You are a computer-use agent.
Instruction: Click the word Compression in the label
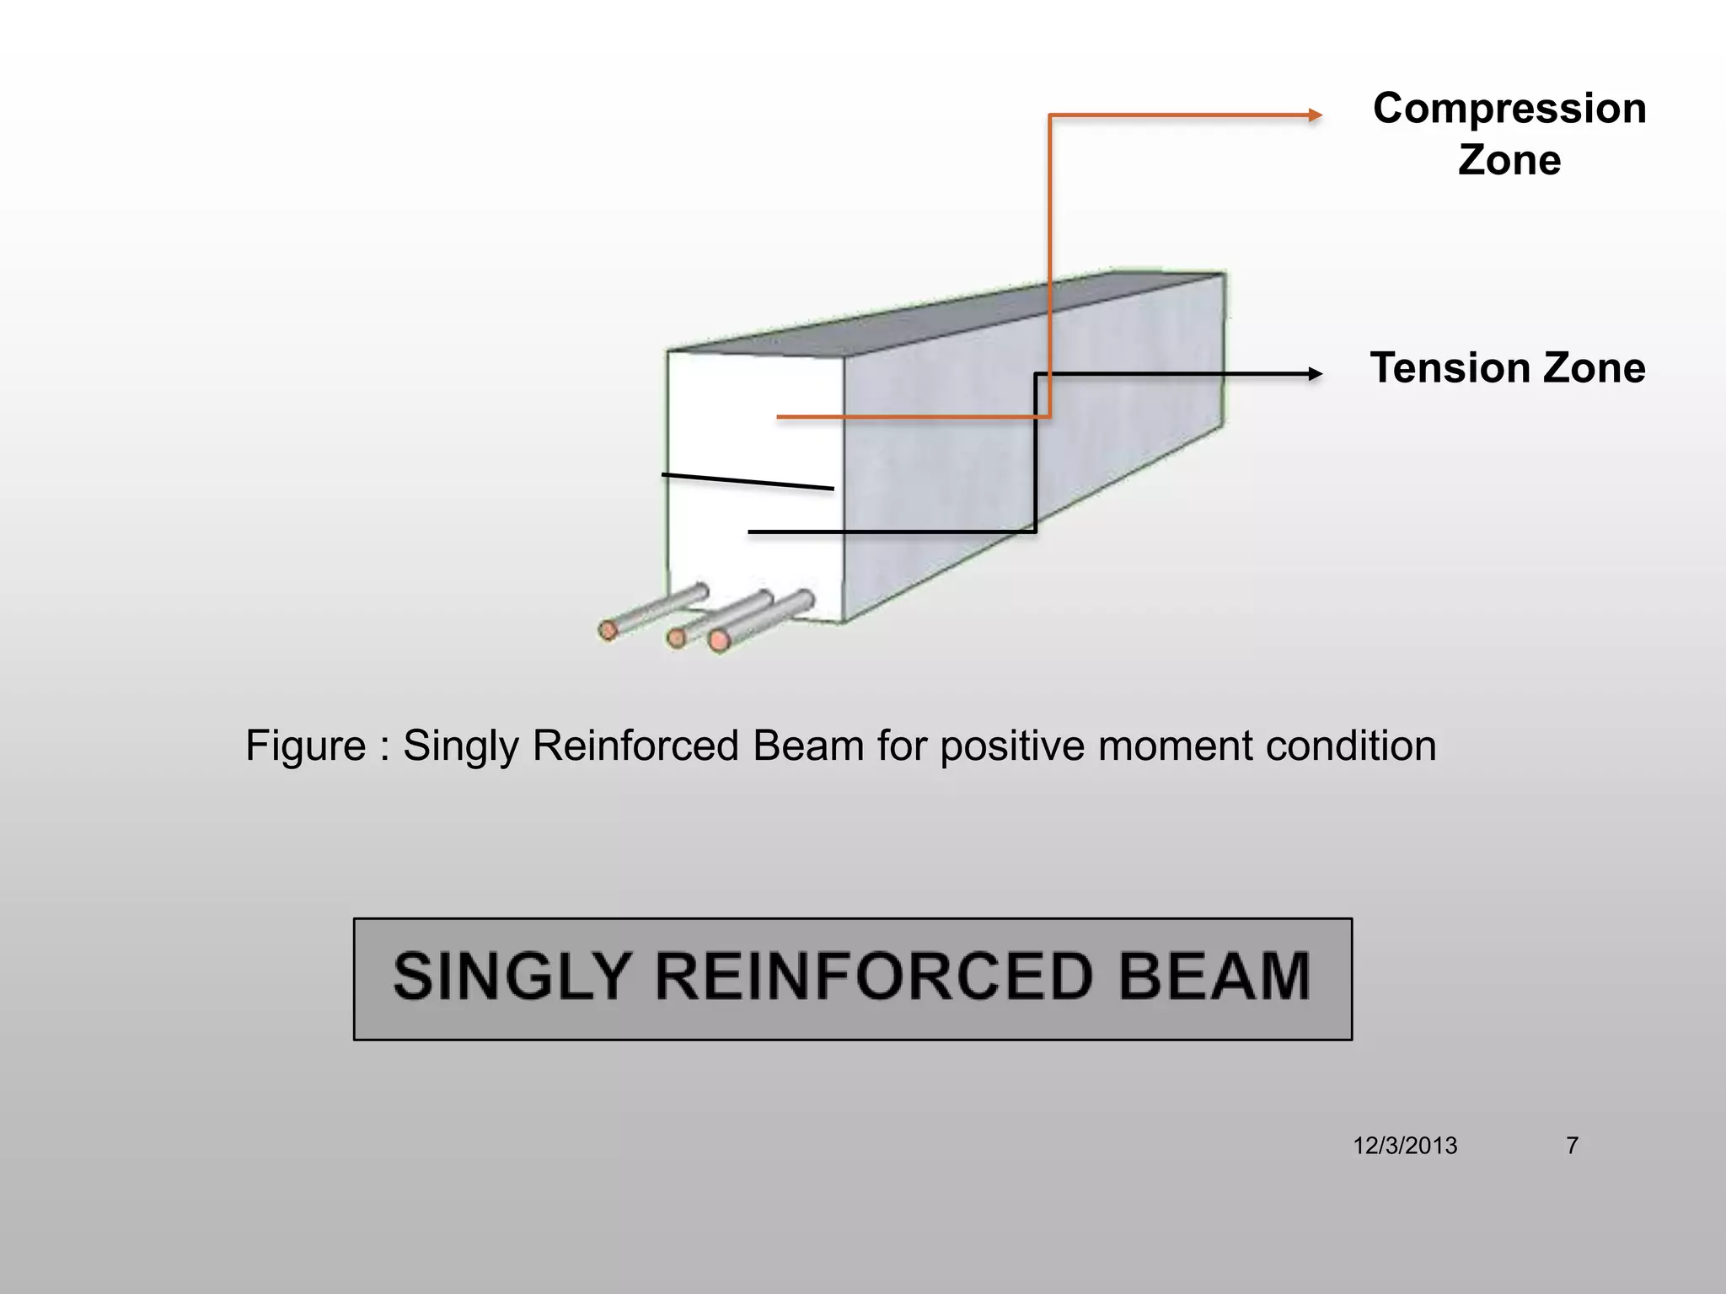[1509, 109]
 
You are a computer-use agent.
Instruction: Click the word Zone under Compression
[1509, 160]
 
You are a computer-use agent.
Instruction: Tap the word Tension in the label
[1444, 368]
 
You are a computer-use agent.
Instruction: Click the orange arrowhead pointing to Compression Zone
[1315, 115]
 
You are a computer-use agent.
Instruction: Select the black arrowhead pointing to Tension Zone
[1315, 374]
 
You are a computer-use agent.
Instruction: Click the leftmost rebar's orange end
[608, 630]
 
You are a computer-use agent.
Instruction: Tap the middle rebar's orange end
[676, 638]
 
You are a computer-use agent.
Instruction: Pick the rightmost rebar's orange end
[719, 641]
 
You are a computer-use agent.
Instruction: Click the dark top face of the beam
[944, 312]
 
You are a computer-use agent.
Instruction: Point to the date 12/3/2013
[1405, 1146]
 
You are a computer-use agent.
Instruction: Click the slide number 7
[1572, 1146]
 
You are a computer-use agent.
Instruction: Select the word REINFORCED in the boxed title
[874, 977]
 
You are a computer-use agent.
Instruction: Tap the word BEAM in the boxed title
[1214, 977]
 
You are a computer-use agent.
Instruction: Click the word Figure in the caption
[305, 746]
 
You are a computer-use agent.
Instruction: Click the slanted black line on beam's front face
[748, 482]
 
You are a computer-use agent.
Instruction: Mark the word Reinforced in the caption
[635, 746]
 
